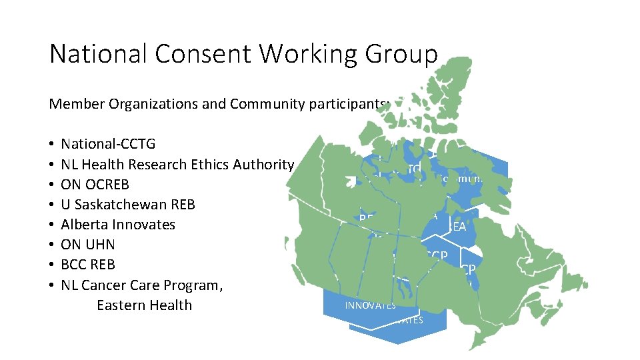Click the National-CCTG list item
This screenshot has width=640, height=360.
(x=108, y=144)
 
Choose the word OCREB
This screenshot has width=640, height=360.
(x=106, y=184)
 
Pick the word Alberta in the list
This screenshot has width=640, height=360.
(x=84, y=224)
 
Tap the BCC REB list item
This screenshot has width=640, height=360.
(x=88, y=264)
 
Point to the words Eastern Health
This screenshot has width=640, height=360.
(x=144, y=305)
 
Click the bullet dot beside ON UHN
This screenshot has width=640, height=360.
(x=51, y=245)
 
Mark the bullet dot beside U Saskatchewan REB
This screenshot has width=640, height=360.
(x=51, y=205)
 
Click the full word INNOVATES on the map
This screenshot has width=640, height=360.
(x=370, y=305)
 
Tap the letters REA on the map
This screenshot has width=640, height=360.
(x=457, y=227)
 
